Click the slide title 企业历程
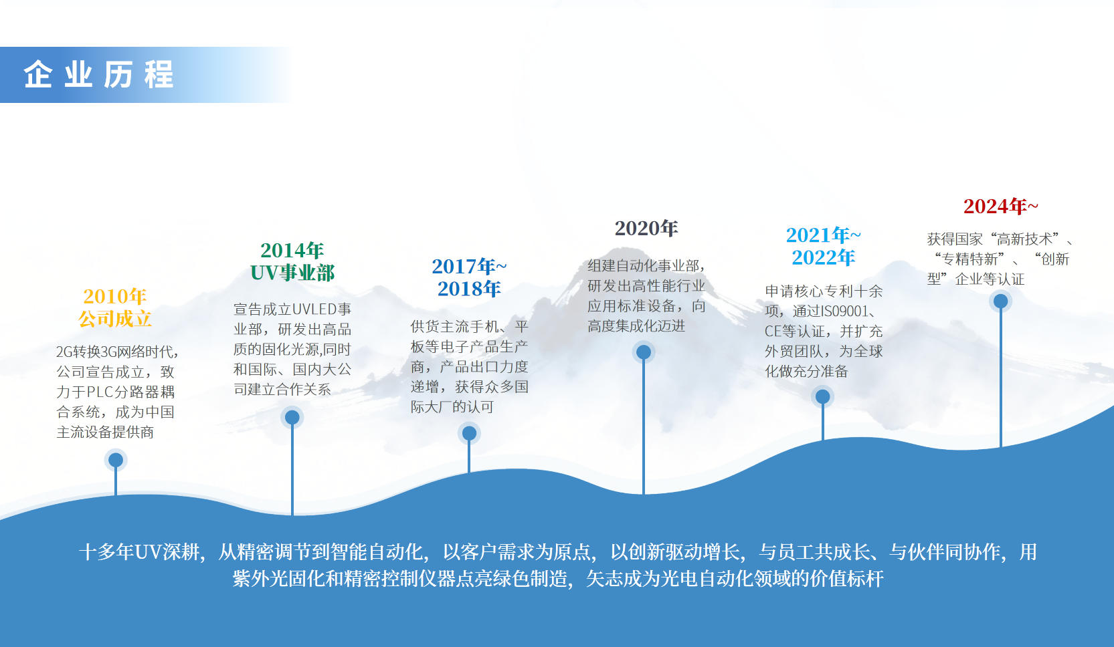click(99, 74)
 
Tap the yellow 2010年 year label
click(114, 296)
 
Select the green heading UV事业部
click(292, 273)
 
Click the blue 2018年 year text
click(469, 289)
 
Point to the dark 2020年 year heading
click(646, 229)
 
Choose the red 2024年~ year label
click(1000, 207)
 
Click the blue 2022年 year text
click(823, 257)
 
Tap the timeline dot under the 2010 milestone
click(116, 460)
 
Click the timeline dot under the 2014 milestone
click(292, 418)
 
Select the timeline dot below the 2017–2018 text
click(469, 433)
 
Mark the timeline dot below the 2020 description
click(644, 352)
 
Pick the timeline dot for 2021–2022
click(823, 397)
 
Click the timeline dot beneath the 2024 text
click(1000, 301)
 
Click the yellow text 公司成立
click(115, 319)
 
